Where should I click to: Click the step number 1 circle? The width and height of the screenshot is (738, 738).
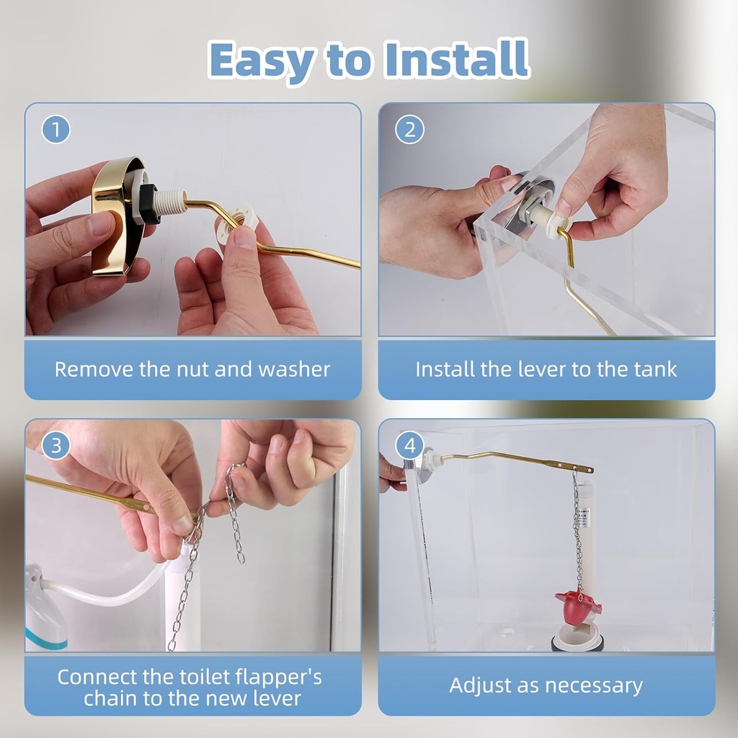[56, 130]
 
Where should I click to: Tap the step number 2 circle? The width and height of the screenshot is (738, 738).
[410, 130]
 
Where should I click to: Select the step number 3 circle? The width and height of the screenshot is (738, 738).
[56, 446]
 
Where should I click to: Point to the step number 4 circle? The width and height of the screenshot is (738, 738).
[410, 446]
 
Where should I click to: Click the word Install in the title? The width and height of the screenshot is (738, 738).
[457, 60]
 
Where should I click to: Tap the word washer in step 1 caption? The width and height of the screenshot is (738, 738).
[294, 370]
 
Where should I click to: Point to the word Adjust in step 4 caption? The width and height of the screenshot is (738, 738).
[480, 685]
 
